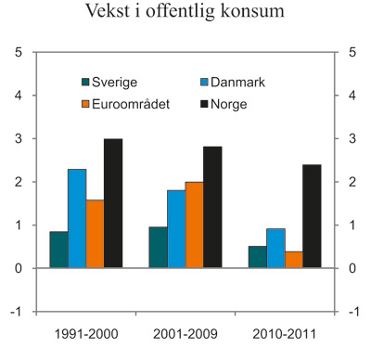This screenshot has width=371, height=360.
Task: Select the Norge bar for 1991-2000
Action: point(112,203)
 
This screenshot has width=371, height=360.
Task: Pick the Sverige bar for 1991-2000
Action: point(58,250)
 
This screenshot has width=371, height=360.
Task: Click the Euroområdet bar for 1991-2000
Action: point(95,234)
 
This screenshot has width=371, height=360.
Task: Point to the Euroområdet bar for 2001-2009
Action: point(194,225)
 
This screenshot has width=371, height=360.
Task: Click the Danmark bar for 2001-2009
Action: point(176,229)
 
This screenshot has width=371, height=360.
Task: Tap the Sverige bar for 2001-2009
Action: point(158,248)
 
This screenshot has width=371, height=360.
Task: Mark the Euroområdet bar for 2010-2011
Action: point(294,260)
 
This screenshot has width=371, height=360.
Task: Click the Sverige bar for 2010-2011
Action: point(258,257)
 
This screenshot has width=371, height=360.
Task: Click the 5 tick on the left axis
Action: point(19,52)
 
